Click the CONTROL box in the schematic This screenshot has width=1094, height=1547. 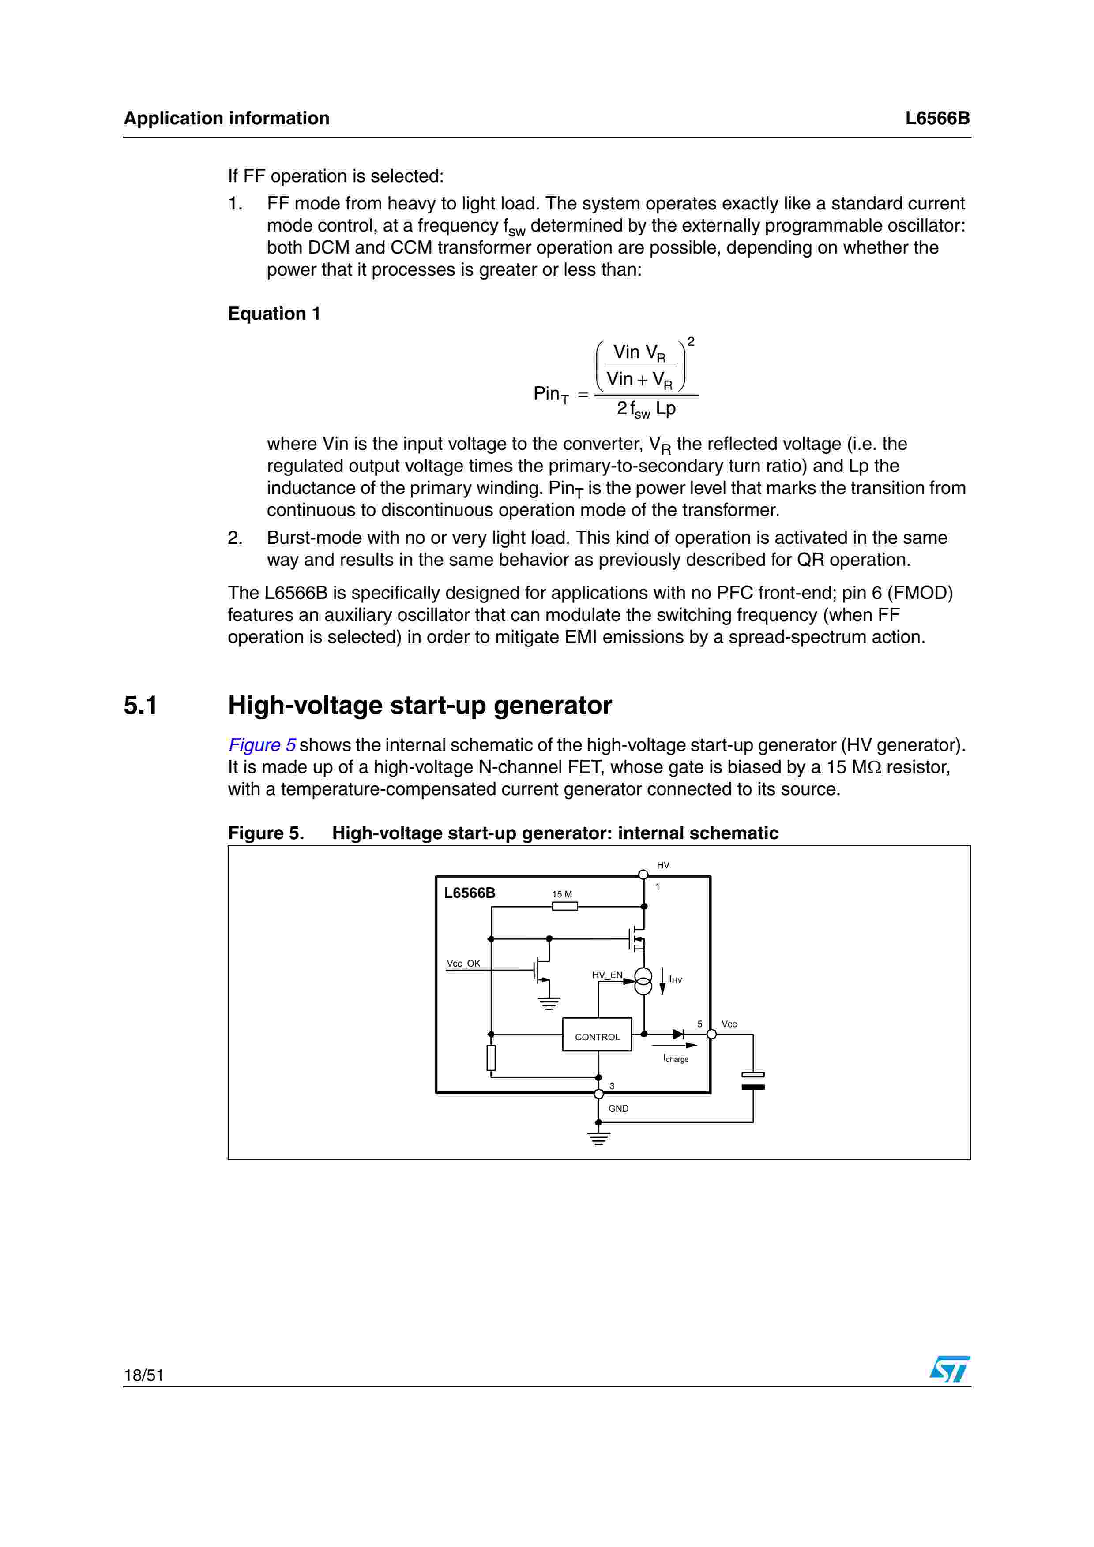click(x=597, y=1036)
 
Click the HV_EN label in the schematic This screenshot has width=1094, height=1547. click(x=607, y=975)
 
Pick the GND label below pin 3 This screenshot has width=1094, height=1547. click(x=618, y=1108)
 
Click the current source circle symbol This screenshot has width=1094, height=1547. click(x=644, y=981)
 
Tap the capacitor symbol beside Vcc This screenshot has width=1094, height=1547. click(x=753, y=1081)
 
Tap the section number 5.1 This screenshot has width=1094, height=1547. click(x=140, y=706)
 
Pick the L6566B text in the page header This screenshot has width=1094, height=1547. click(x=937, y=119)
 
